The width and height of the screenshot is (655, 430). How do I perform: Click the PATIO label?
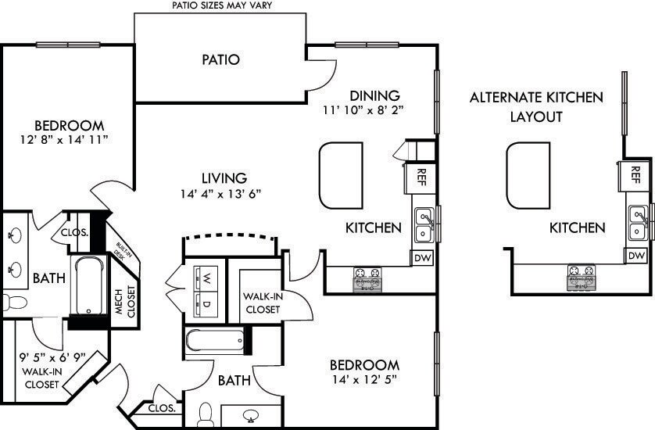click(x=220, y=59)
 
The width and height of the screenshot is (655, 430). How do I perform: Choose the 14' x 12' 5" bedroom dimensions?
click(x=363, y=381)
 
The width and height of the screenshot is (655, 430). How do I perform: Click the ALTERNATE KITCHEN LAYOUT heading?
click(x=536, y=107)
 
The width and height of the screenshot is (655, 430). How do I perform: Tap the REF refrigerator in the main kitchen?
click(x=421, y=177)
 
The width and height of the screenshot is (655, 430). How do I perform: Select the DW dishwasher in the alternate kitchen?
click(x=635, y=256)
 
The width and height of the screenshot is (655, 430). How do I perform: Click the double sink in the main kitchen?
click(x=425, y=224)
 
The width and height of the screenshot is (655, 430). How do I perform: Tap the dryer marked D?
click(x=206, y=303)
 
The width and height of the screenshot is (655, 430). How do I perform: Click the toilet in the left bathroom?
click(x=14, y=302)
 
